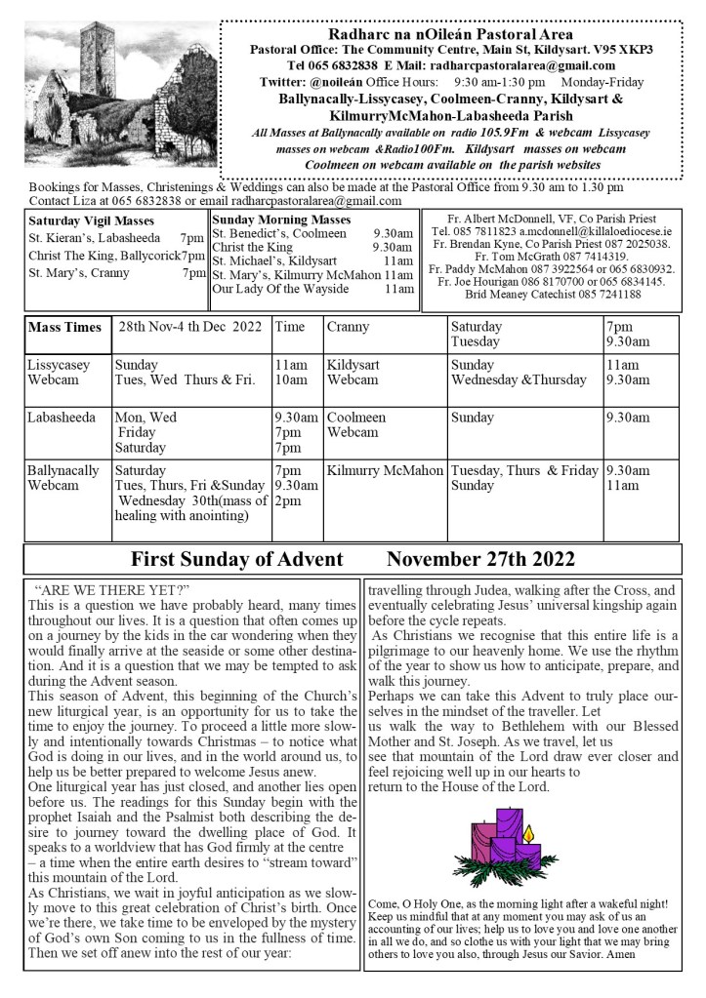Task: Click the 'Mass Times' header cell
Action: click(x=64, y=327)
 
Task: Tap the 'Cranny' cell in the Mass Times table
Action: click(x=348, y=327)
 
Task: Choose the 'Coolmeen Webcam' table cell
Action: click(x=356, y=424)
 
